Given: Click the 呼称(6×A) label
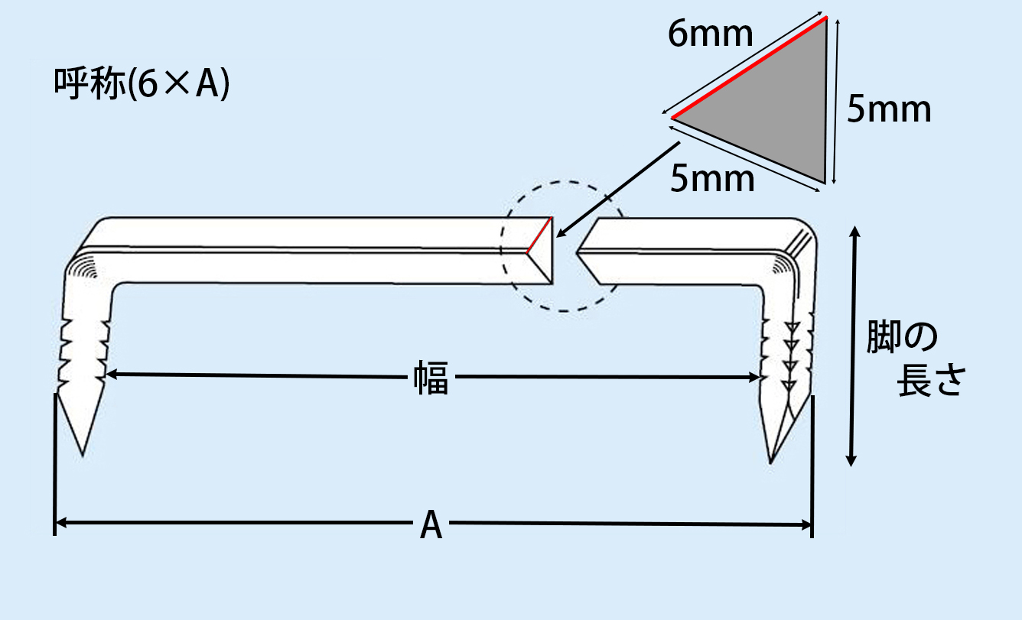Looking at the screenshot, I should [x=142, y=86].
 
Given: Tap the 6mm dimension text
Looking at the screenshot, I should [x=711, y=35].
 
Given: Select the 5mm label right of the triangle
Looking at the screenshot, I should [x=889, y=111].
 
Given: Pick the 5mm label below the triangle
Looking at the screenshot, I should [x=712, y=179].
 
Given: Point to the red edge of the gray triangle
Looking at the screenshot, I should [x=750, y=69].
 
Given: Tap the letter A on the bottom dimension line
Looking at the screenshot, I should [x=431, y=526].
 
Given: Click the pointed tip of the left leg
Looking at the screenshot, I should [x=82, y=451].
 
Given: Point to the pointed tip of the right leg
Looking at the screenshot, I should [x=773, y=459].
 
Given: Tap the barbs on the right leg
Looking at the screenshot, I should [x=788, y=352].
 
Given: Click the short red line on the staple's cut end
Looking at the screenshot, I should [x=539, y=235].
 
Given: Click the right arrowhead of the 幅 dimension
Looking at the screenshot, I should [x=754, y=377].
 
